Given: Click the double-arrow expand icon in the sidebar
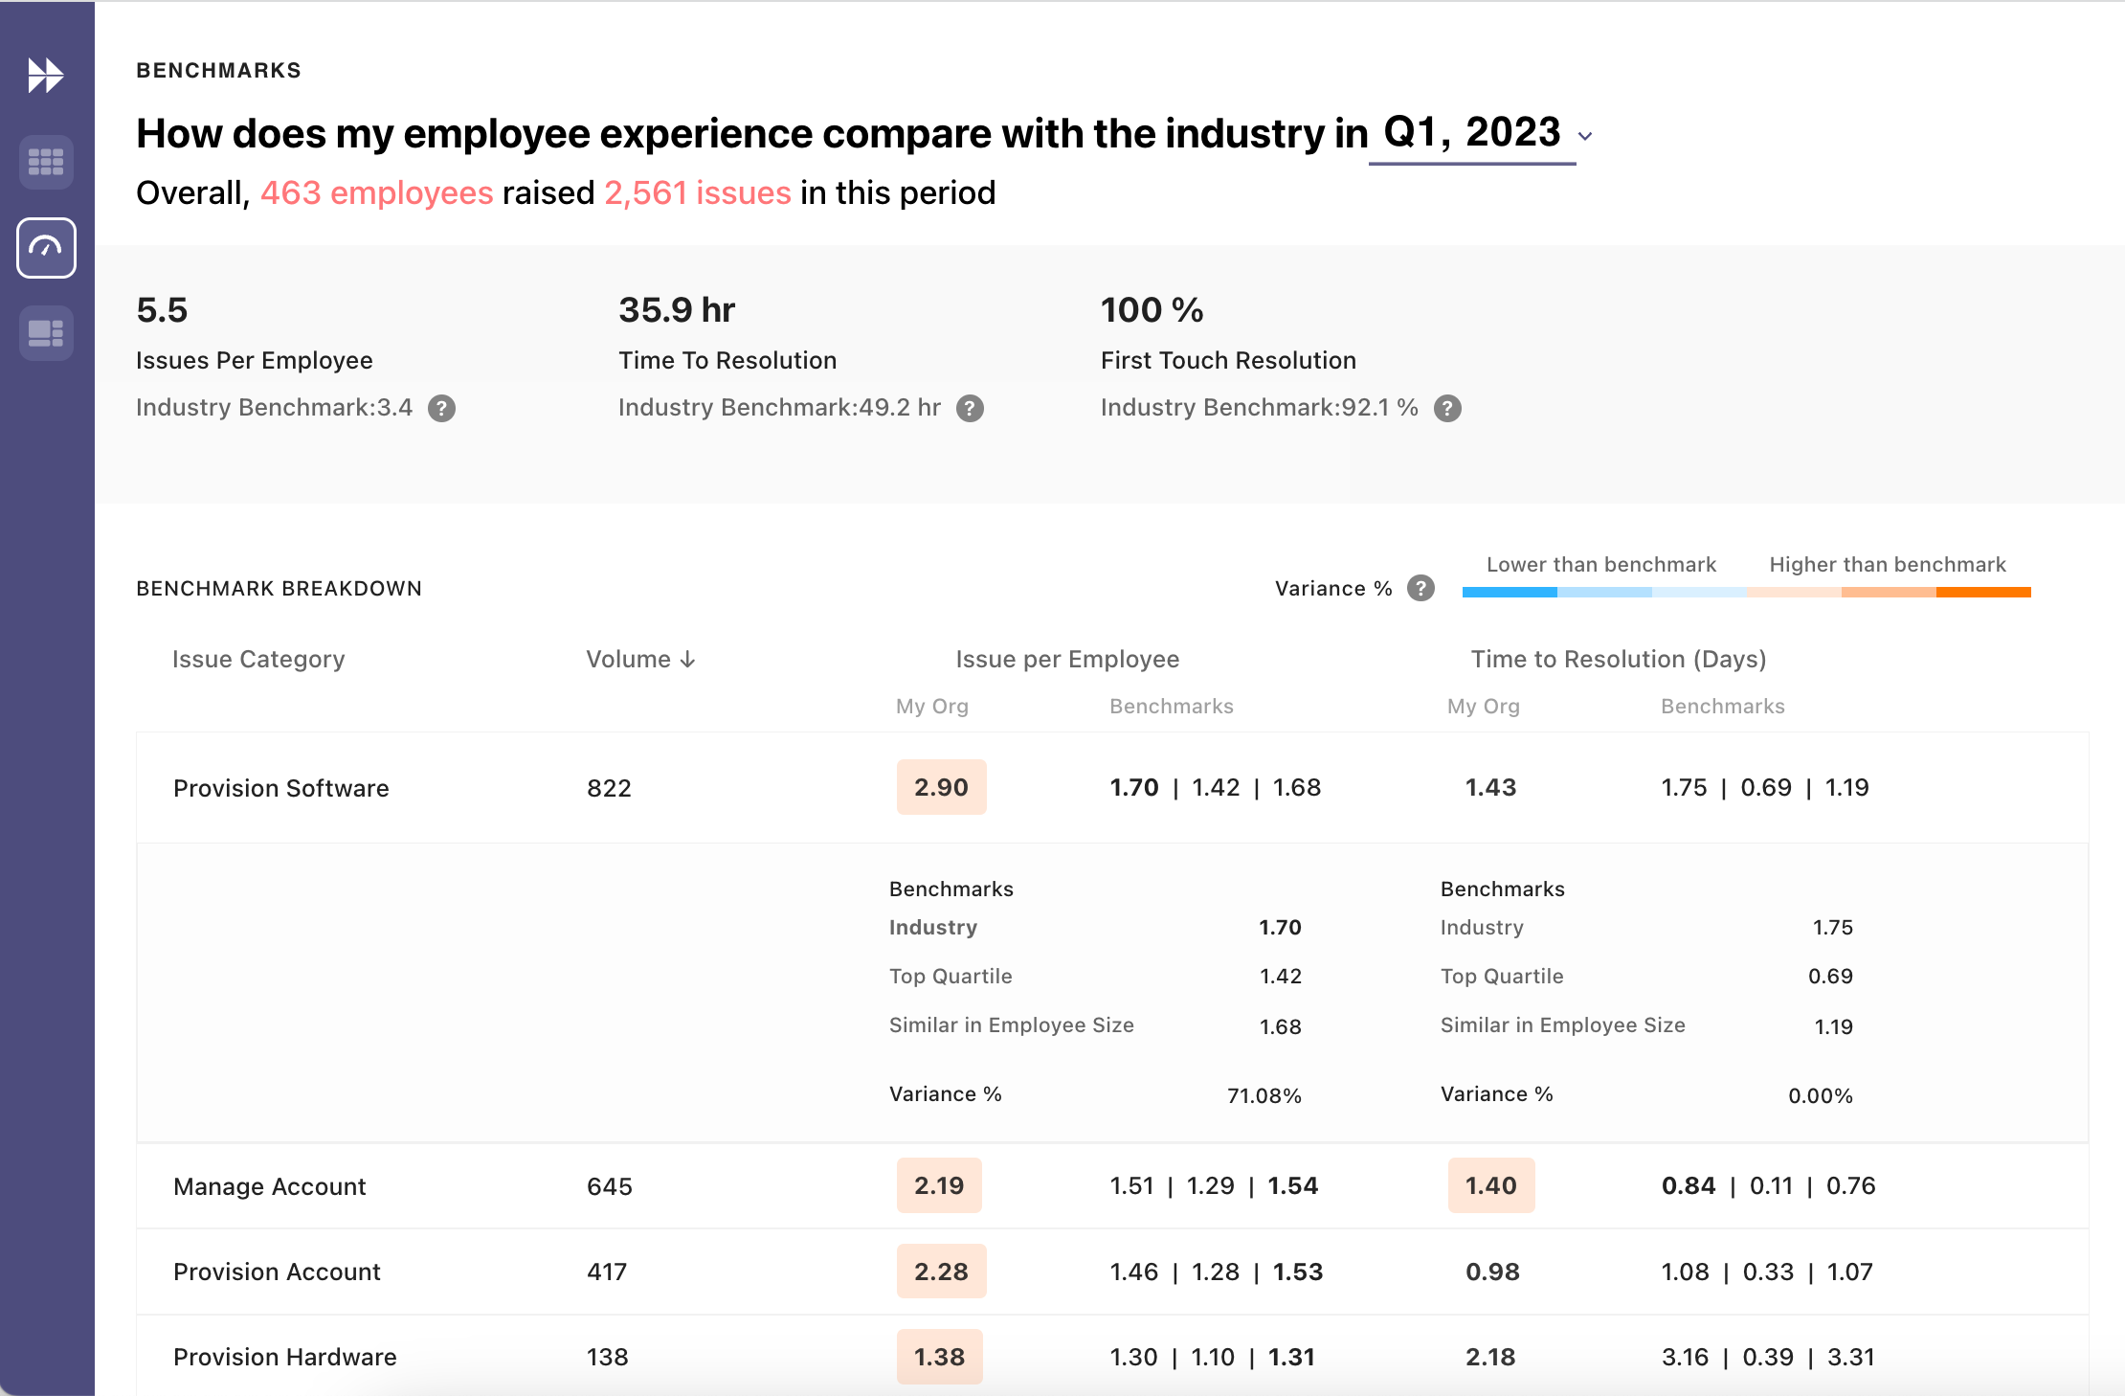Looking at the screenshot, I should click(45, 76).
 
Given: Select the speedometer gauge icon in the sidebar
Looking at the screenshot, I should click(46, 248).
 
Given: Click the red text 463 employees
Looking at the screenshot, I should click(376, 193).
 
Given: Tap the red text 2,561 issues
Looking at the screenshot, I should click(697, 193).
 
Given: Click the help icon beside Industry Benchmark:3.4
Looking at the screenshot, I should click(441, 409).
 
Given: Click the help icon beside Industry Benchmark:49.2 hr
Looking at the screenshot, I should click(970, 409).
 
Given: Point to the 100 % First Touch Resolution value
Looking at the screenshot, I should click(1152, 310).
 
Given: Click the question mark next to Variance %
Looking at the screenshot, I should click(1420, 588).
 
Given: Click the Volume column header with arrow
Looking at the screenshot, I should click(639, 660).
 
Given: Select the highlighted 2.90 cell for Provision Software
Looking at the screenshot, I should click(941, 787).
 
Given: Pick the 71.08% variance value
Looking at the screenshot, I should click(1264, 1095).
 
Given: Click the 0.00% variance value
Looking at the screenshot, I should click(1820, 1095).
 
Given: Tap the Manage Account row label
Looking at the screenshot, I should click(269, 1186).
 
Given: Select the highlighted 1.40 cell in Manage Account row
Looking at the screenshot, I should click(1490, 1185).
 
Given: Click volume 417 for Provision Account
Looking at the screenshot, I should click(607, 1272).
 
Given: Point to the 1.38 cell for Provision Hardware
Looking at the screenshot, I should click(939, 1357).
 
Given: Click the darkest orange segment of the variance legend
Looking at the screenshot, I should click(1982, 593).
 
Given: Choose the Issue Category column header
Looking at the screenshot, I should click(258, 660).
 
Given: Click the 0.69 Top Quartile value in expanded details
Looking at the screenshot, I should click(1829, 977).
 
